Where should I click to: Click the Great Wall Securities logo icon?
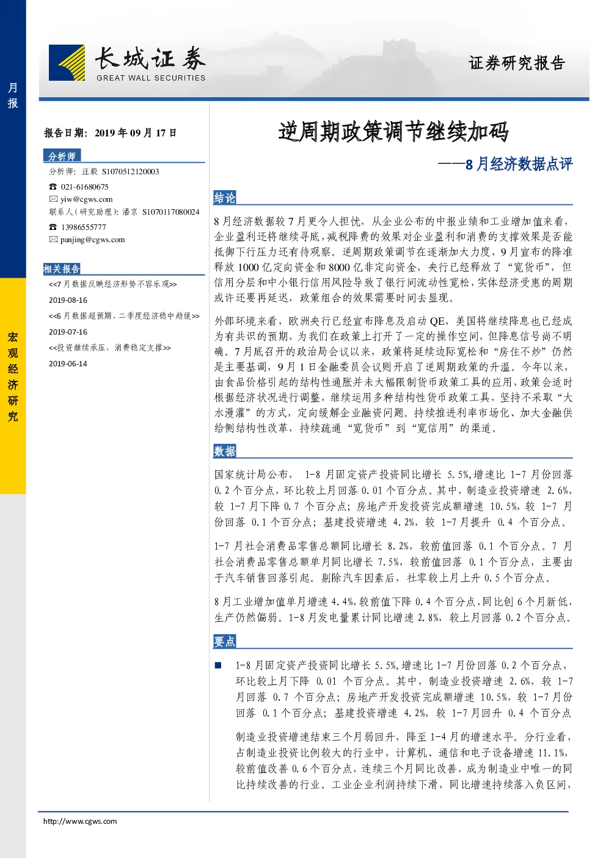(67, 62)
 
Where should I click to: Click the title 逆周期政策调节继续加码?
(393, 131)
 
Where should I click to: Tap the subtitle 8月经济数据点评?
(519, 164)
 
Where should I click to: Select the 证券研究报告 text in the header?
(517, 63)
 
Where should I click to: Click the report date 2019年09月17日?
(136, 133)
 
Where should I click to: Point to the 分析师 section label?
(62, 156)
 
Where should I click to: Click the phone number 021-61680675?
(84, 187)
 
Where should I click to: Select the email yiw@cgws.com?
(87, 199)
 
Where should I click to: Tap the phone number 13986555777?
(84, 227)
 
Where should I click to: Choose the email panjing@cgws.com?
(93, 240)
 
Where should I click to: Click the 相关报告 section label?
(62, 268)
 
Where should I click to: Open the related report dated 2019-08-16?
(113, 284)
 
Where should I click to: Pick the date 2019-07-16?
(68, 331)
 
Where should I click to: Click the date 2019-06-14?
(68, 363)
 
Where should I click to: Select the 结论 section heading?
(225, 198)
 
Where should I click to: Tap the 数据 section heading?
(225, 451)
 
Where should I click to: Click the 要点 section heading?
(225, 641)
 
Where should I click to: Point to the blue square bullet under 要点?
(218, 665)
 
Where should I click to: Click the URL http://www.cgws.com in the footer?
(80, 821)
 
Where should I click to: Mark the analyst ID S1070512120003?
(131, 172)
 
